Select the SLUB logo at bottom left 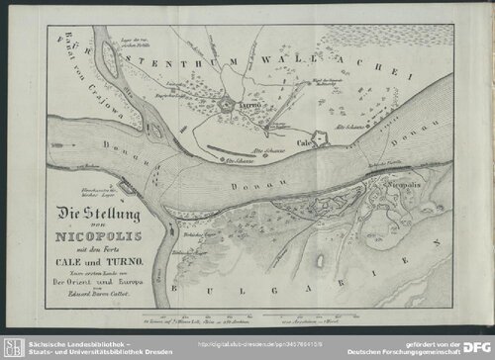[14, 345]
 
